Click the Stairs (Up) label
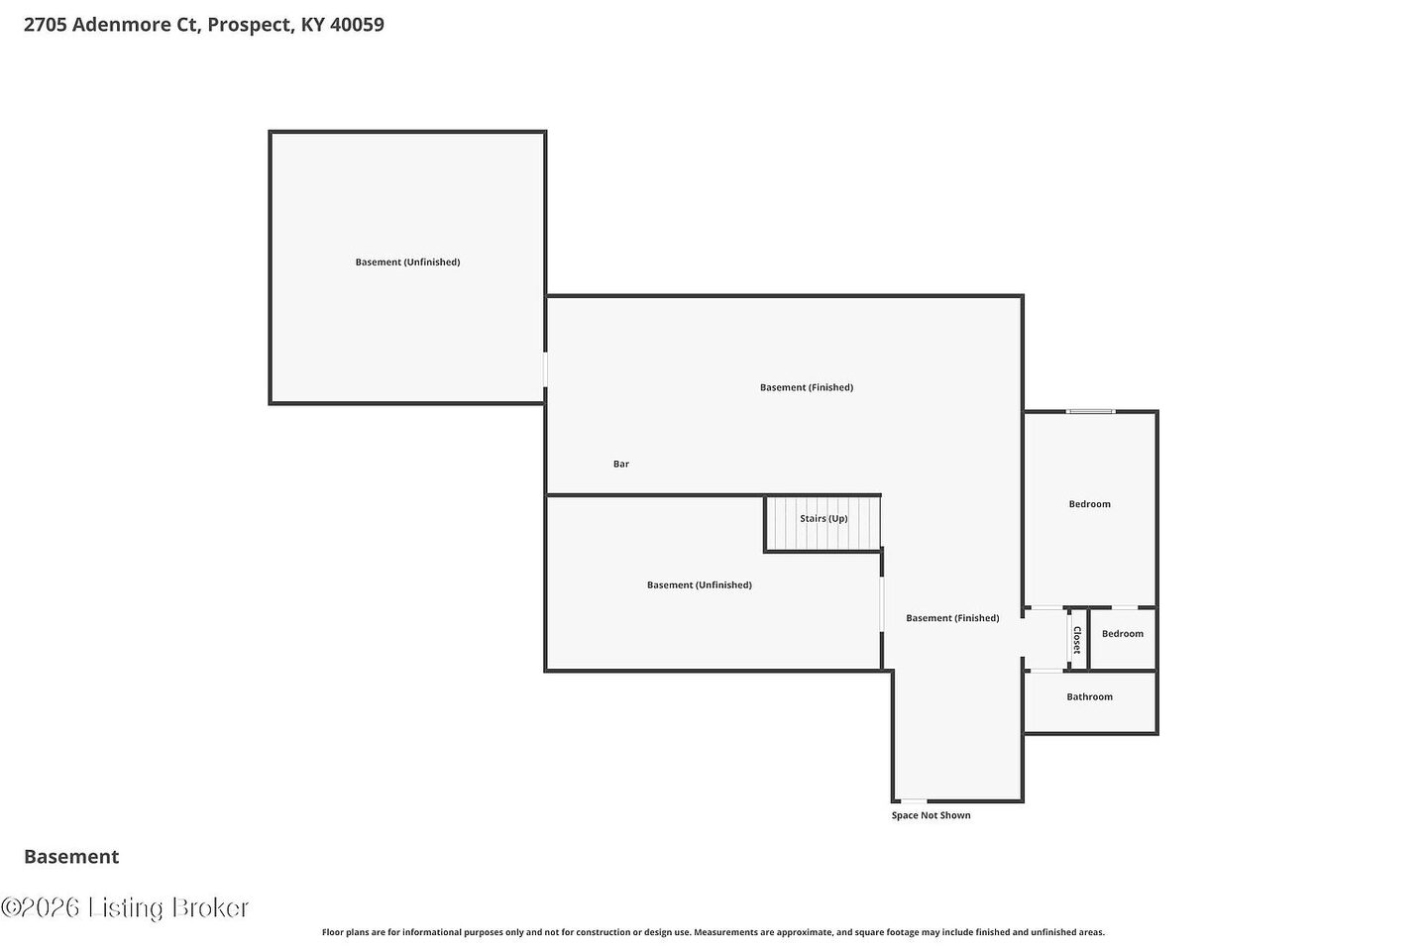click(823, 518)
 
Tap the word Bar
click(621, 464)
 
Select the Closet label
click(1077, 640)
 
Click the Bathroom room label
click(1089, 696)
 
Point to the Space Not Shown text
click(931, 815)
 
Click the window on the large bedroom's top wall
click(1091, 411)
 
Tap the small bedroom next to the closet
click(1123, 639)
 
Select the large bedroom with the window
click(1089, 509)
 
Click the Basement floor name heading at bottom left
click(71, 857)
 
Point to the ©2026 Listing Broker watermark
click(125, 907)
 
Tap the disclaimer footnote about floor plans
click(713, 932)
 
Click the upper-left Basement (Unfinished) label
click(407, 262)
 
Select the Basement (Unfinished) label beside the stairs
click(700, 584)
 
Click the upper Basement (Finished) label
click(807, 387)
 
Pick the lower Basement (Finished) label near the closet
click(952, 618)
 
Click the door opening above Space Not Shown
click(914, 800)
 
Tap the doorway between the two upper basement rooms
click(545, 370)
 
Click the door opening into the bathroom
click(1046, 670)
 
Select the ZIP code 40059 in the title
click(357, 25)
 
